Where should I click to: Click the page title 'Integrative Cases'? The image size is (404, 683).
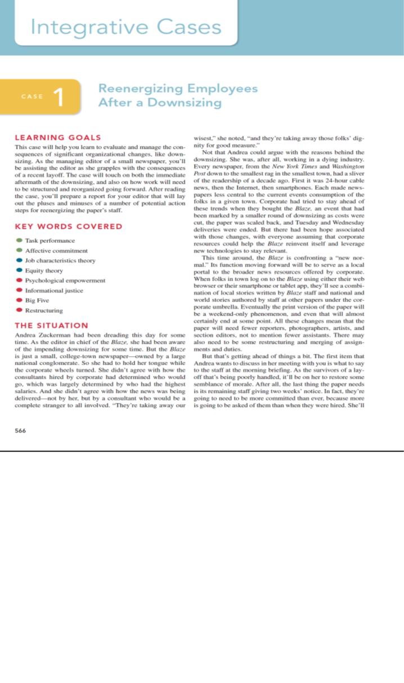click(x=126, y=26)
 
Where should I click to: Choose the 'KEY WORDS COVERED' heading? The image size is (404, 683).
click(x=68, y=227)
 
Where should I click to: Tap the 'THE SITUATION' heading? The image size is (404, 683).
click(x=51, y=325)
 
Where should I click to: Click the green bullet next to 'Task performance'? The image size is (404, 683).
click(x=19, y=241)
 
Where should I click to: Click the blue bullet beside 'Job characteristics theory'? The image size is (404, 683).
click(x=19, y=260)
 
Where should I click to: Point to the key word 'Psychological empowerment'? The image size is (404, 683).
click(x=66, y=281)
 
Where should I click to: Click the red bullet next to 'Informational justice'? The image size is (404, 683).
click(x=19, y=290)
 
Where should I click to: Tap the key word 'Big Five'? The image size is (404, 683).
click(x=37, y=300)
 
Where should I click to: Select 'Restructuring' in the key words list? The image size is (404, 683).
click(x=44, y=311)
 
